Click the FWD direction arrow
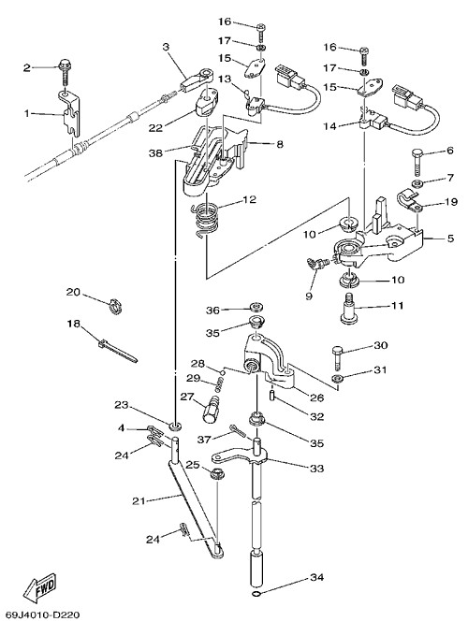pyautogui.click(x=39, y=588)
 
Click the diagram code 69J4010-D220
pyautogui.click(x=43, y=615)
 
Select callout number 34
pyautogui.click(x=317, y=577)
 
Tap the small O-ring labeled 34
pyautogui.click(x=256, y=594)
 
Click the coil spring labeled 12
pyautogui.click(x=206, y=220)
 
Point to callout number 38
pyautogui.click(x=155, y=152)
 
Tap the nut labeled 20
pyautogui.click(x=115, y=306)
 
